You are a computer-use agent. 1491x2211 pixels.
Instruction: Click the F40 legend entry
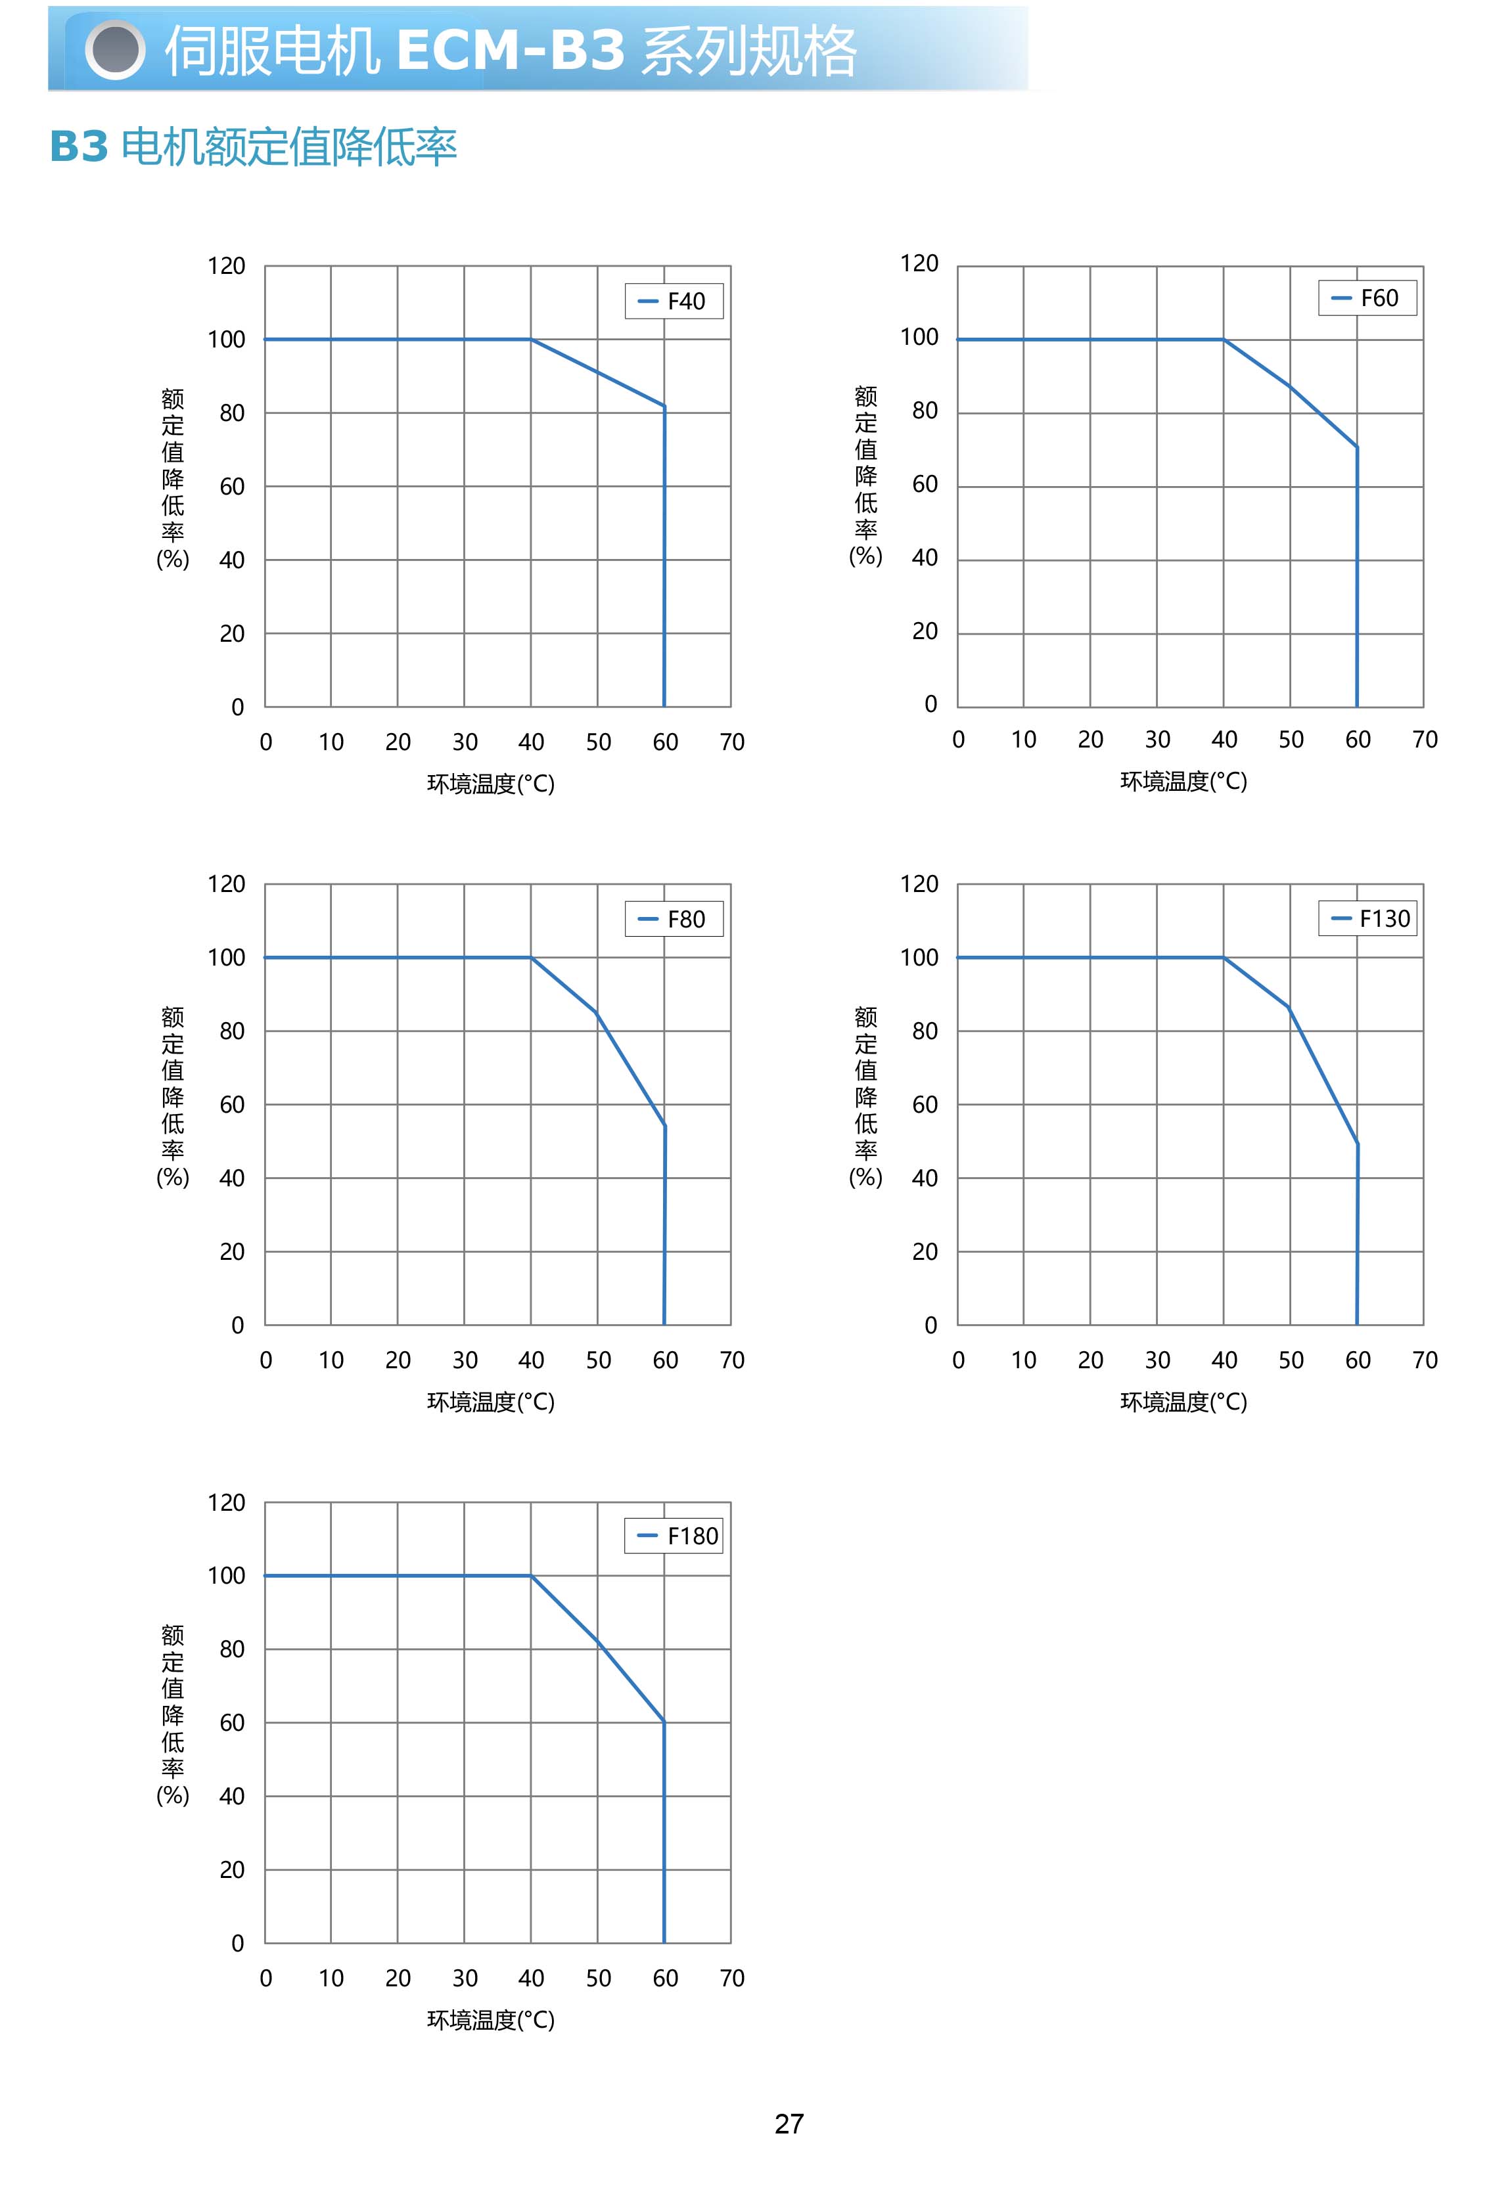674,301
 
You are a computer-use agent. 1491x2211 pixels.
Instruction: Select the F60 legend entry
1367,298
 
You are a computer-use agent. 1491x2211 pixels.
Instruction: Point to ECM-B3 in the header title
510,51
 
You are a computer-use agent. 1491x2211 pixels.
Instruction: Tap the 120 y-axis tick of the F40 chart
226,266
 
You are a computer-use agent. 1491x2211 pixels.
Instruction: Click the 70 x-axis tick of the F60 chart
1425,740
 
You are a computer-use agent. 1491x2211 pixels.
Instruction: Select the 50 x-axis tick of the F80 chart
598,1360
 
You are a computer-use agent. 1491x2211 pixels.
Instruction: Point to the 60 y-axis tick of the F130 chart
925,1105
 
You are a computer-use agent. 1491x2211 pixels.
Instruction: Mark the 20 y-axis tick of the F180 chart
232,1869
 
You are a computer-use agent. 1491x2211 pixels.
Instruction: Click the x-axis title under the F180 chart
491,2020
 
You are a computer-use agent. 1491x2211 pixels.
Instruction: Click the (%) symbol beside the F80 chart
173,1177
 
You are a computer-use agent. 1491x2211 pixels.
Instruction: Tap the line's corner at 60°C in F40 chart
664,407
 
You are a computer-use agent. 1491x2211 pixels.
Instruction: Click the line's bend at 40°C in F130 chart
1224,957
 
